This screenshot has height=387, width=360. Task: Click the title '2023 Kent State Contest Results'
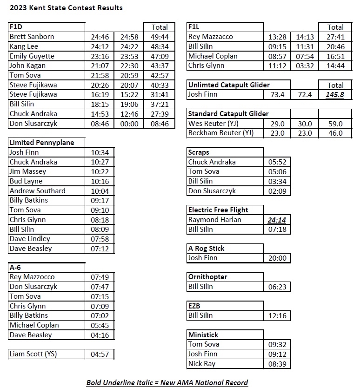tap(66, 7)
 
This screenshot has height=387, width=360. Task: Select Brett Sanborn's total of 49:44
tap(160, 37)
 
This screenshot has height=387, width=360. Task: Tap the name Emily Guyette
tap(32, 56)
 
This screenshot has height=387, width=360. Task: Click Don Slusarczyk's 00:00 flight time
tap(129, 124)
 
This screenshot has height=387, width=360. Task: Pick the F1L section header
tap(194, 27)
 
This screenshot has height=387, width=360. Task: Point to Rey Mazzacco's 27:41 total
tap(335, 37)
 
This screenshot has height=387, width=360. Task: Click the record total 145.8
tap(335, 95)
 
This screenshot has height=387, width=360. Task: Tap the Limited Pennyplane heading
tap(42, 143)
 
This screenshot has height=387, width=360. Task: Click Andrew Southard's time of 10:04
tap(100, 191)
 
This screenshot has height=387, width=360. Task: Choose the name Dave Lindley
tap(30, 239)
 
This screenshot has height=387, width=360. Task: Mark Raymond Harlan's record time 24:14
tap(277, 220)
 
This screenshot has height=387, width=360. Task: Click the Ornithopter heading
tap(207, 277)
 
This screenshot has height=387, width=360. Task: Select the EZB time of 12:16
tap(277, 316)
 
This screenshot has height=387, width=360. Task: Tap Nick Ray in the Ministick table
tap(202, 364)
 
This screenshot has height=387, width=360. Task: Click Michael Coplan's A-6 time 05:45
tap(100, 325)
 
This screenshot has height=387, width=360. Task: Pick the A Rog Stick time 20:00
tap(277, 258)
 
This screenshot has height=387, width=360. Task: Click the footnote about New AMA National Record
tap(167, 382)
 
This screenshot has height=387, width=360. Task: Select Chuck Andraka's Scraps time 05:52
tap(277, 162)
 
